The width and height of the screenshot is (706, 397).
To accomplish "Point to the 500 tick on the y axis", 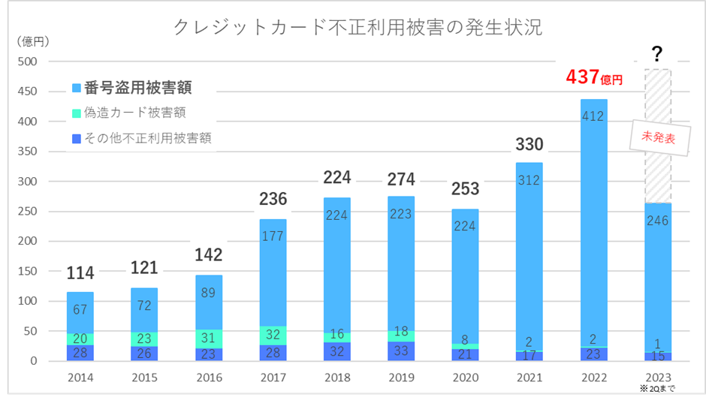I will pos(28,62).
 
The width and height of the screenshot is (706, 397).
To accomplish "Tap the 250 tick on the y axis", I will pos(28,212).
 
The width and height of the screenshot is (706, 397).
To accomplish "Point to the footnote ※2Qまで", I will pos(659,388).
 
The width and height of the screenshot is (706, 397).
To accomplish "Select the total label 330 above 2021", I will pos(529,145).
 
